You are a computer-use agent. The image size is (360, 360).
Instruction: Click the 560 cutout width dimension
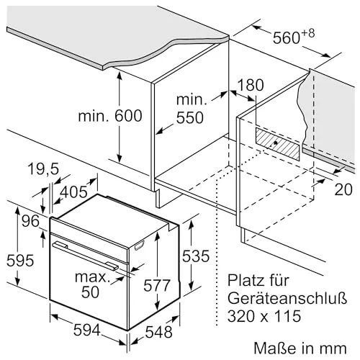(287, 38)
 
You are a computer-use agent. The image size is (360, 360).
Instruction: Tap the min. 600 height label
(110, 116)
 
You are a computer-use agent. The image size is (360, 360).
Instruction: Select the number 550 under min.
(190, 118)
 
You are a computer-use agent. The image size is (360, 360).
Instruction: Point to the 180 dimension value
(251, 85)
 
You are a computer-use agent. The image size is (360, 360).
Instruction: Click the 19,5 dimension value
(43, 168)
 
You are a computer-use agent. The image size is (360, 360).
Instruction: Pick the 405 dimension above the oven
(73, 192)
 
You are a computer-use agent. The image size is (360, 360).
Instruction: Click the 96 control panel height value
(30, 221)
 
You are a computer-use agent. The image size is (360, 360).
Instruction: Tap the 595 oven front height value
(20, 261)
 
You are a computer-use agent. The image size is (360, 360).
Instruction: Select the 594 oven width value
(86, 330)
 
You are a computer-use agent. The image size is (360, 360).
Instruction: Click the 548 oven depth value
(158, 332)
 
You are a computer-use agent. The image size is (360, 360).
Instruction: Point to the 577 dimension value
(157, 286)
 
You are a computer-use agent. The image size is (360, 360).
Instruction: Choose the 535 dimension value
(196, 256)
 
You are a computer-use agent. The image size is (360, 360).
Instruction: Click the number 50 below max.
(90, 292)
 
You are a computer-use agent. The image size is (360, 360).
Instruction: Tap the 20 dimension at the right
(343, 189)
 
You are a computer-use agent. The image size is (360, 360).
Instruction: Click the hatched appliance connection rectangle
(277, 144)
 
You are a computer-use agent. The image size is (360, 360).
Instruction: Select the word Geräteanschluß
(287, 298)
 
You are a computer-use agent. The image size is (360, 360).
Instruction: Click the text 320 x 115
(264, 316)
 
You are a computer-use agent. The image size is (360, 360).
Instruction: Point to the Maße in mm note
(300, 348)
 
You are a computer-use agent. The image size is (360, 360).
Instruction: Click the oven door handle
(86, 256)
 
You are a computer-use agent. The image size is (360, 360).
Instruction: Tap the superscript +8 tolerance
(308, 34)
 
